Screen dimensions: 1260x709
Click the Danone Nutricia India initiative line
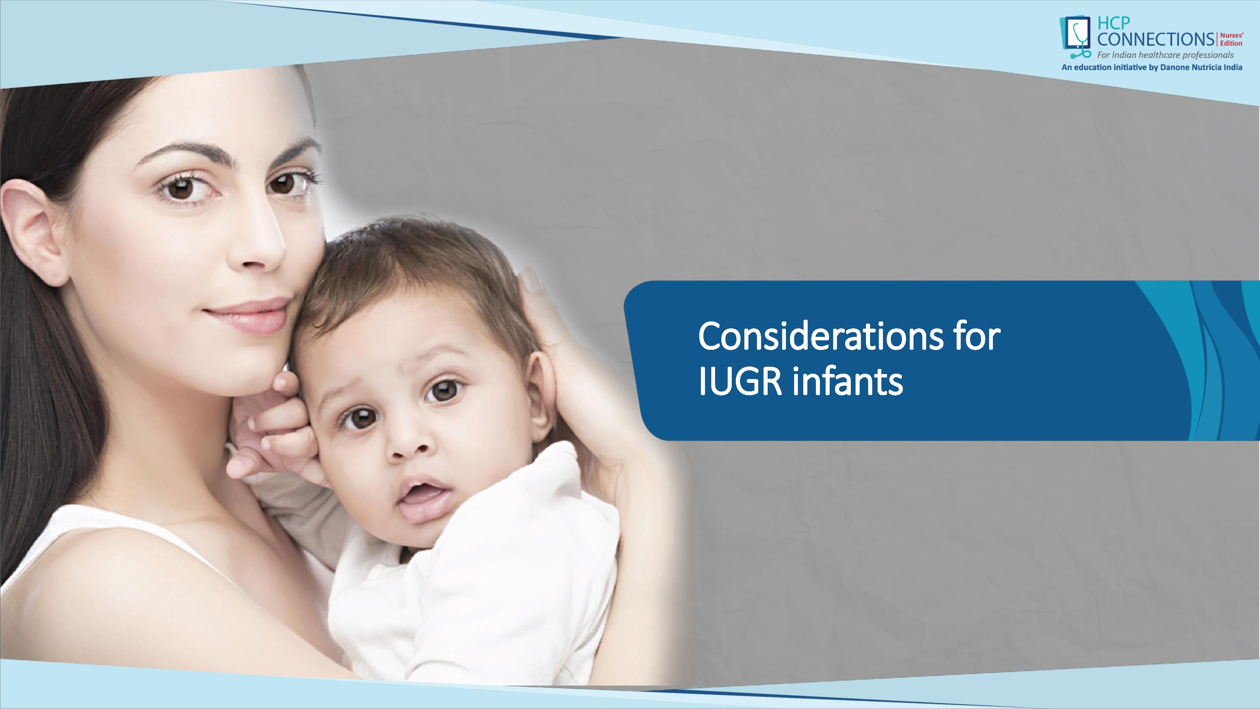pyautogui.click(x=1151, y=67)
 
